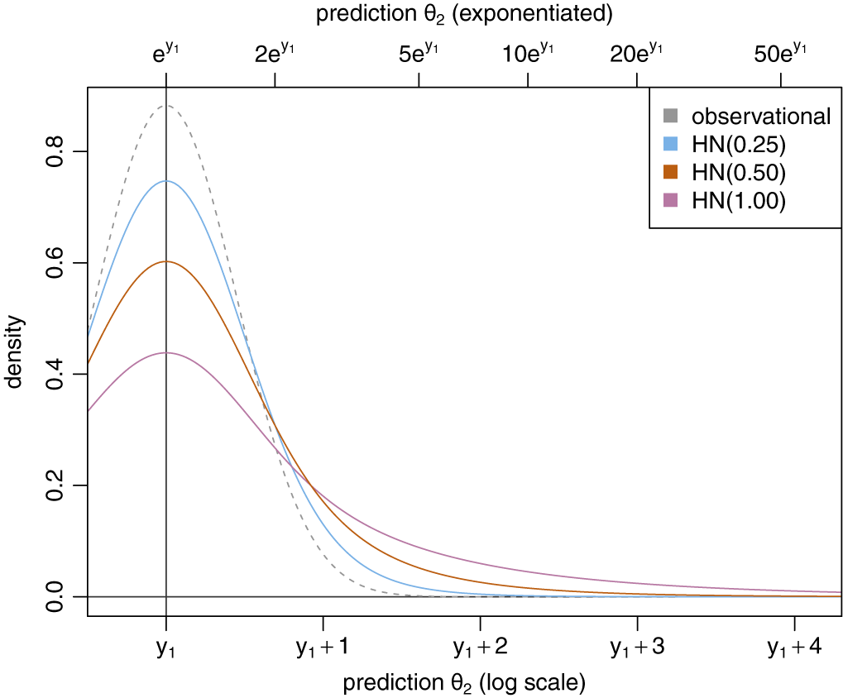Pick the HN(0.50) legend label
pyautogui.click(x=739, y=173)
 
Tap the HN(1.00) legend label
pyautogui.click(x=739, y=201)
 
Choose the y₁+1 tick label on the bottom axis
pyautogui.click(x=323, y=648)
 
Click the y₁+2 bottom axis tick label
pyautogui.click(x=480, y=648)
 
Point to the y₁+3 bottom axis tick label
pyautogui.click(x=637, y=648)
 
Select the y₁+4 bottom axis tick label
pyautogui.click(x=794, y=648)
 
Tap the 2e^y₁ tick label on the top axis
pyautogui.click(x=275, y=54)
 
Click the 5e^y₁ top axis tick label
pyautogui.click(x=419, y=54)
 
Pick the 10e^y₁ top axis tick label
pyautogui.click(x=528, y=54)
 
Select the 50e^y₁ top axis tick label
pyautogui.click(x=782, y=54)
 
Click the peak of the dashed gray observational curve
pyautogui.click(x=166, y=106)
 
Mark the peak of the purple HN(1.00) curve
pyautogui.click(x=166, y=352)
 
